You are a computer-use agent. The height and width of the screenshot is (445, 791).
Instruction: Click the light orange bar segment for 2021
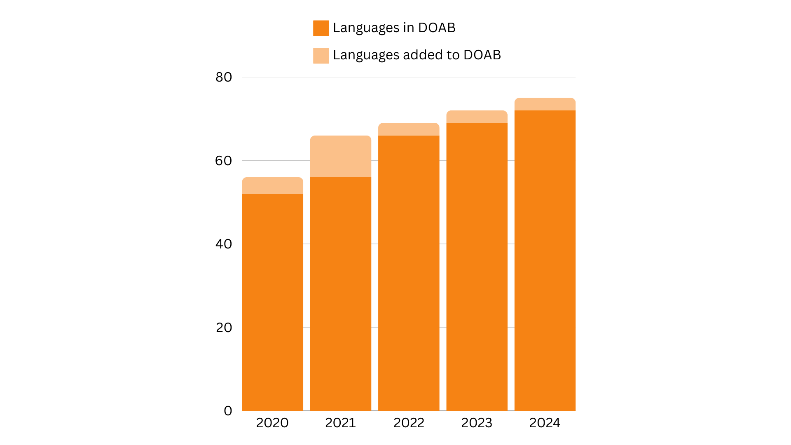tap(341, 157)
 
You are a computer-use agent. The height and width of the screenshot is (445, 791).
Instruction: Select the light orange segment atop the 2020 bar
tap(273, 186)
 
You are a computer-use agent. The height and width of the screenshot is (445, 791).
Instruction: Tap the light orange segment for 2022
tap(409, 129)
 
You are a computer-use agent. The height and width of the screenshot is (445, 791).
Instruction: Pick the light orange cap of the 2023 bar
tap(477, 117)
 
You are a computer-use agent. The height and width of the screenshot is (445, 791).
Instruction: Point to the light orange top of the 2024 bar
tap(545, 104)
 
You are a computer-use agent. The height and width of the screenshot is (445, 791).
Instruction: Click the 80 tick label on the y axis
tap(224, 77)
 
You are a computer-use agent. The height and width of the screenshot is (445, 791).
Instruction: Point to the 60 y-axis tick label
tap(224, 161)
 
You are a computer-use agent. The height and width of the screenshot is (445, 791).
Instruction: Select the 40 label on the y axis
tap(224, 244)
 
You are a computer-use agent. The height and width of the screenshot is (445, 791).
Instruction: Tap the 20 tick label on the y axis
tap(224, 328)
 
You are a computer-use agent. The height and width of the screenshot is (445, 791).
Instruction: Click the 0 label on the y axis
tap(228, 411)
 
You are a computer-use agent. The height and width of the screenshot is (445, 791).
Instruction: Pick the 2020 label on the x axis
tap(272, 423)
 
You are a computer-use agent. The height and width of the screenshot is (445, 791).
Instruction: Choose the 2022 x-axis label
tap(409, 423)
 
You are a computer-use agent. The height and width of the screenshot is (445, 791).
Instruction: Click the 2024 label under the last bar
tap(545, 423)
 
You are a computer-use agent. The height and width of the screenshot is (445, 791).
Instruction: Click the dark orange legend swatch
tap(321, 28)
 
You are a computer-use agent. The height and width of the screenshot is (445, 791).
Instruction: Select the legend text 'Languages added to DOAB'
tap(417, 55)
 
